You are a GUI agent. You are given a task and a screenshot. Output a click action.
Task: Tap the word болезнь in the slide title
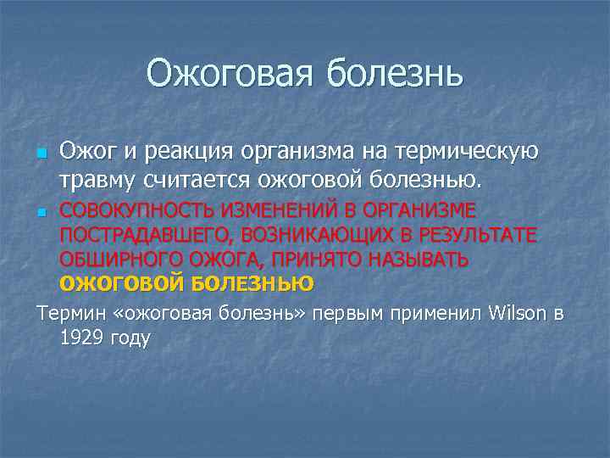tap(393, 74)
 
